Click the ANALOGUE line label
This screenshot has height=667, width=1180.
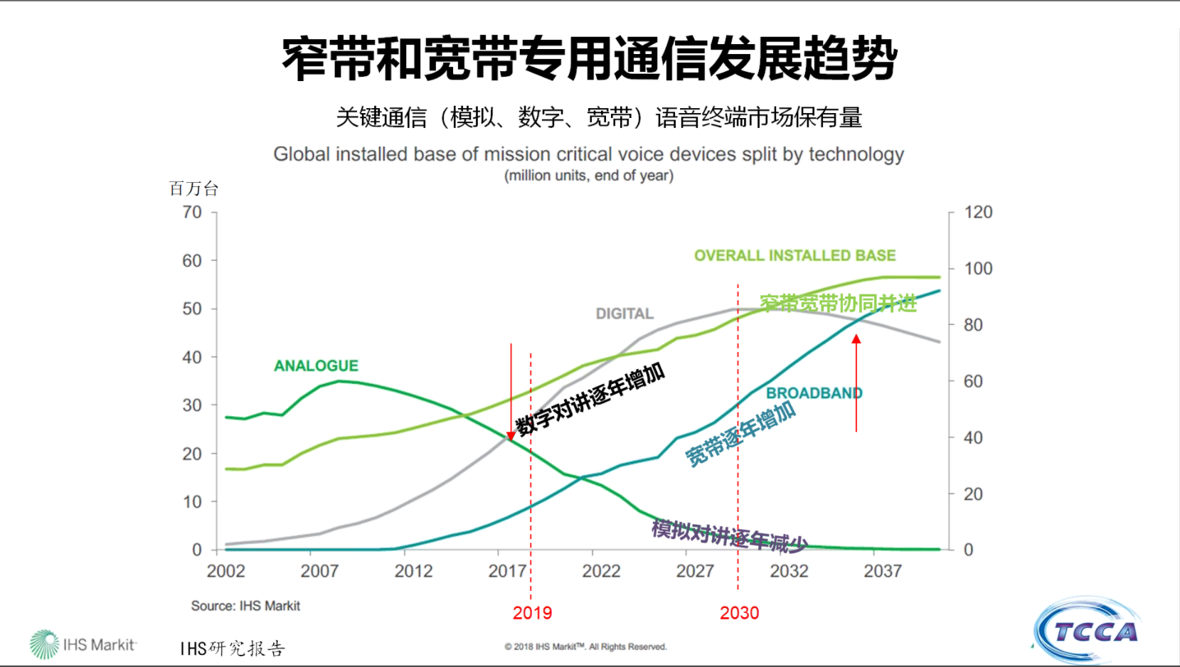tap(316, 365)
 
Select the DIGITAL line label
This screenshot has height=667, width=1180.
tap(624, 314)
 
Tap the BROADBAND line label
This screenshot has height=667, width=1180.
tap(814, 393)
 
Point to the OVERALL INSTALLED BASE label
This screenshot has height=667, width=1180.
tap(794, 255)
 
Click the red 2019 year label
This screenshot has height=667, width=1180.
tap(532, 613)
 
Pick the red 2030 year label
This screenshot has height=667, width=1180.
tap(739, 613)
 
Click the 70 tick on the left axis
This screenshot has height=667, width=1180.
tap(192, 212)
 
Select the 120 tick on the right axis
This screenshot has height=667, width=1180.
tap(978, 212)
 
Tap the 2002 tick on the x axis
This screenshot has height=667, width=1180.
tap(225, 571)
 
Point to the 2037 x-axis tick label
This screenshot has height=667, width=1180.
tap(882, 571)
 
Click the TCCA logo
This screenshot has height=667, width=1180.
tap(1088, 631)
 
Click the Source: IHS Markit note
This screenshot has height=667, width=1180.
tap(245, 606)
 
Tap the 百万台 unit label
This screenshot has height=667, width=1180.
tap(193, 188)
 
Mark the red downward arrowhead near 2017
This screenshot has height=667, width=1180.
tap(511, 435)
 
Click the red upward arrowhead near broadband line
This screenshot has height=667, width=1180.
tap(856, 339)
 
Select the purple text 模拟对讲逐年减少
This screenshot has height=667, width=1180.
tap(729, 535)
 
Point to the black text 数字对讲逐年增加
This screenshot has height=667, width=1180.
tap(590, 399)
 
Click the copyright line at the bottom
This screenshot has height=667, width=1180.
tap(585, 646)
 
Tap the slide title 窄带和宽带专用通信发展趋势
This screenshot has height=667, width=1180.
tap(589, 58)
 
